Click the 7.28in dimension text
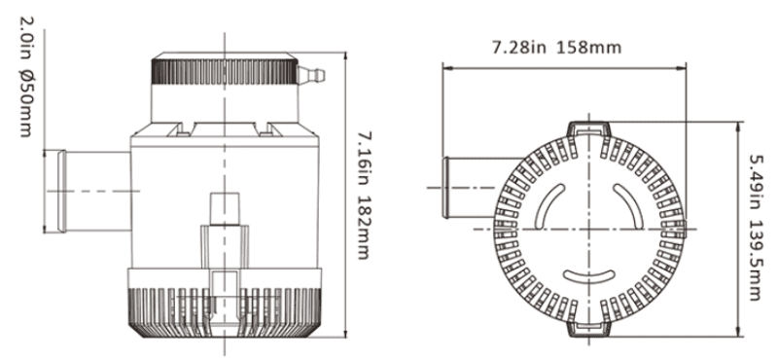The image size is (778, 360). point(519,48)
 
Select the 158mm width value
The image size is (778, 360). point(589,48)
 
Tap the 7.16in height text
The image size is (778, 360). point(365,159)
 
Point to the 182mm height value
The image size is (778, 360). point(365,227)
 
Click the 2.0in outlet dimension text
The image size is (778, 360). point(26,41)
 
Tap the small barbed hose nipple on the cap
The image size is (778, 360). point(311,76)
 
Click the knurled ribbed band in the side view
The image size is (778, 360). point(225,71)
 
